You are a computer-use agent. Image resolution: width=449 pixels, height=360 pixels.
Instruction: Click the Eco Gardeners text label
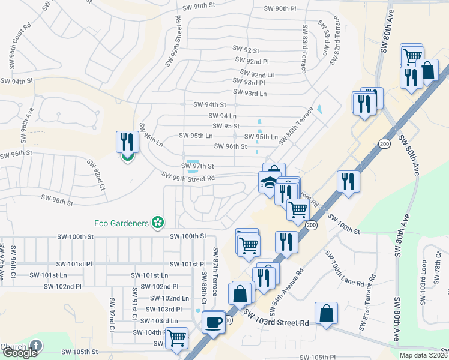(121, 223)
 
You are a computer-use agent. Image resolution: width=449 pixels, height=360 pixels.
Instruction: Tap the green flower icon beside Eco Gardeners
(158, 223)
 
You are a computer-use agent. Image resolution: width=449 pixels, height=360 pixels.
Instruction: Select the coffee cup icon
(213, 322)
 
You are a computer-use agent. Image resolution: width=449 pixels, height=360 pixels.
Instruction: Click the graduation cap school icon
(268, 182)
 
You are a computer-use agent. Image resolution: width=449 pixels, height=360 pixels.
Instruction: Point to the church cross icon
(36, 346)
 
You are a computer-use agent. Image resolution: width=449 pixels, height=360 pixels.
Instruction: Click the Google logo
(19, 353)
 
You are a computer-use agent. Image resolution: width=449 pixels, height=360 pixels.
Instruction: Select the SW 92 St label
(246, 50)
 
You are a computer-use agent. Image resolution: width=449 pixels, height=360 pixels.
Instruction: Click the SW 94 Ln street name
(222, 115)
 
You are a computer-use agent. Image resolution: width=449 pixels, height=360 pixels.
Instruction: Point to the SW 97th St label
(197, 166)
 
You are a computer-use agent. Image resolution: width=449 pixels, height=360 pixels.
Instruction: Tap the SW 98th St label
(56, 199)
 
